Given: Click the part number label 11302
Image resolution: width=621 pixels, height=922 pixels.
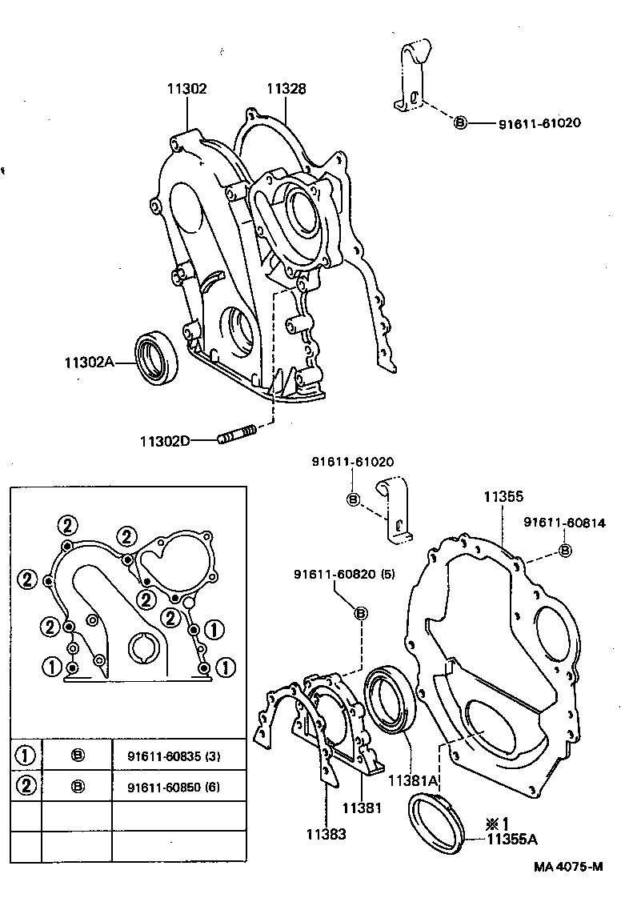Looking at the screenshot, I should point(186,90).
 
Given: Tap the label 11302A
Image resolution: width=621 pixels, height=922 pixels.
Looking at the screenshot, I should point(90,362).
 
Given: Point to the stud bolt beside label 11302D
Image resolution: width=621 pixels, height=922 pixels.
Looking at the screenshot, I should point(235,436).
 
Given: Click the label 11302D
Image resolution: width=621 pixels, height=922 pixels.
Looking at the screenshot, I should point(164,441).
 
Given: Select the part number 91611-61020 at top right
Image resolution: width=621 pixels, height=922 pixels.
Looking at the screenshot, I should point(539,123).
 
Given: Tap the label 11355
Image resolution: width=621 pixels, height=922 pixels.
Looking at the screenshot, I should point(503,497).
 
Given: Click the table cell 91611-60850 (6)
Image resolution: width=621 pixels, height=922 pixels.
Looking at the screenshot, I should point(174,787).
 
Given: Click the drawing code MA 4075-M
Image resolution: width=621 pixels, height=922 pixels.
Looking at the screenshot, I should point(568,868).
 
